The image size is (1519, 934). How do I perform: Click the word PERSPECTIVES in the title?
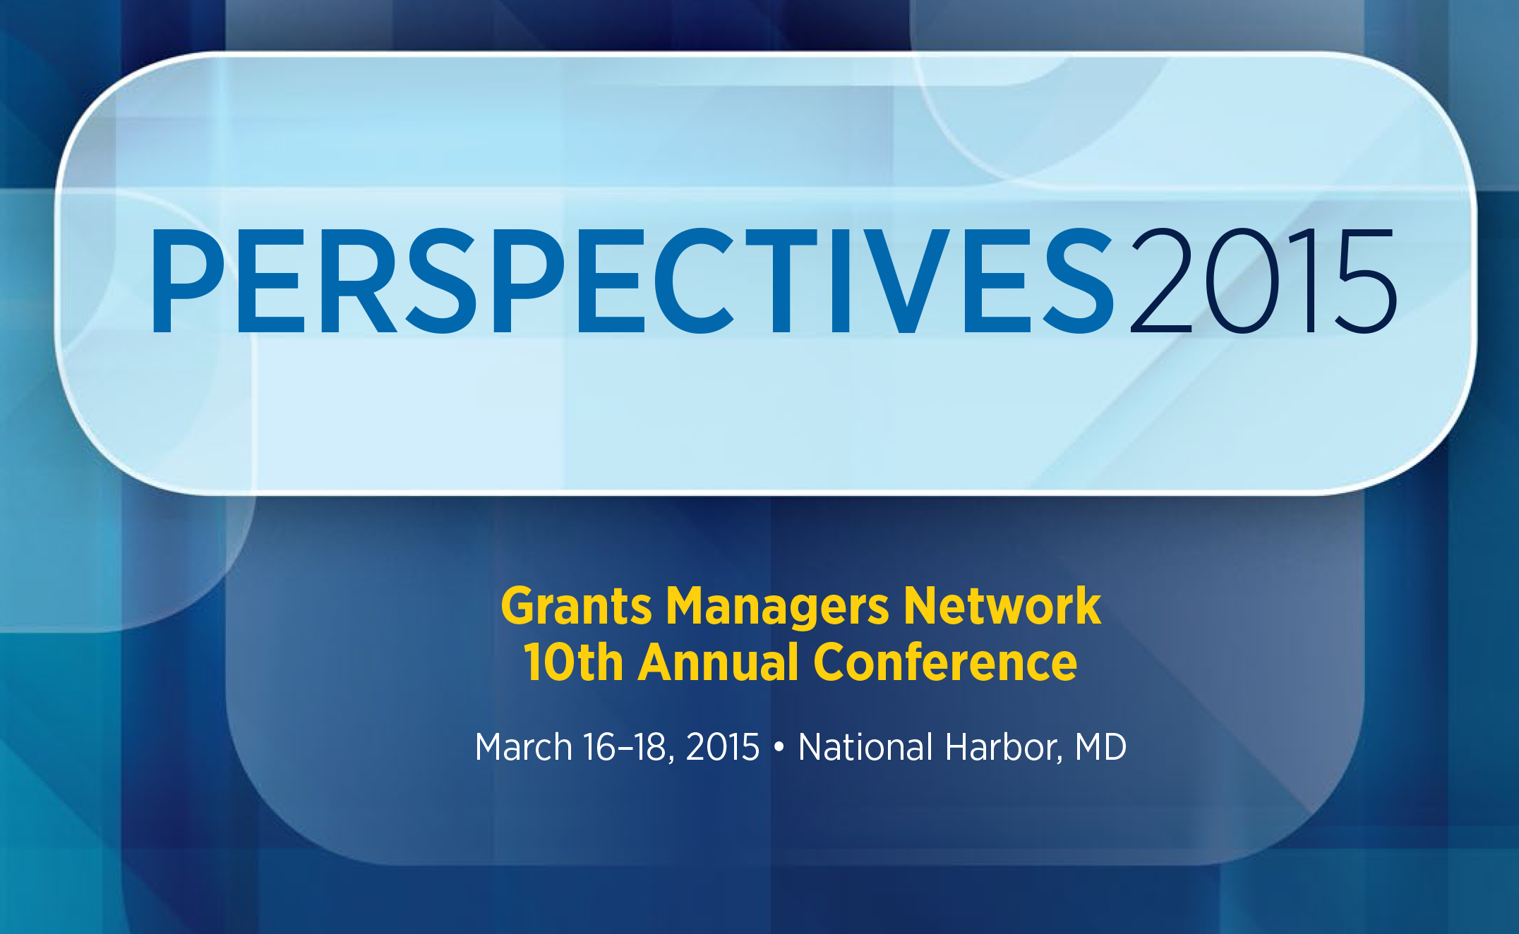click(x=632, y=281)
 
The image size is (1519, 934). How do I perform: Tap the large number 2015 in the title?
click(x=1263, y=281)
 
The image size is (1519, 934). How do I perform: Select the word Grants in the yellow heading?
click(x=577, y=607)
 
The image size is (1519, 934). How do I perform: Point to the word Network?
click(x=1002, y=606)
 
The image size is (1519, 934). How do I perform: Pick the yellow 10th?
click(x=573, y=662)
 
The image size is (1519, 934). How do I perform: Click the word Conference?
click(x=945, y=662)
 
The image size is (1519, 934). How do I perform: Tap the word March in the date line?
click(x=524, y=747)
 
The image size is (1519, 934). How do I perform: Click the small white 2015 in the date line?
click(x=723, y=747)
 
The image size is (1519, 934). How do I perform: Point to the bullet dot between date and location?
click(x=779, y=747)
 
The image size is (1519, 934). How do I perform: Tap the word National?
click(x=865, y=747)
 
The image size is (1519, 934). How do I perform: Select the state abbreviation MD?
click(x=1100, y=747)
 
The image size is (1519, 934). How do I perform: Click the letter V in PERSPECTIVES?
click(x=906, y=281)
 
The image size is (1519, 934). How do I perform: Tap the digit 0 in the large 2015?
click(x=1242, y=281)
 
